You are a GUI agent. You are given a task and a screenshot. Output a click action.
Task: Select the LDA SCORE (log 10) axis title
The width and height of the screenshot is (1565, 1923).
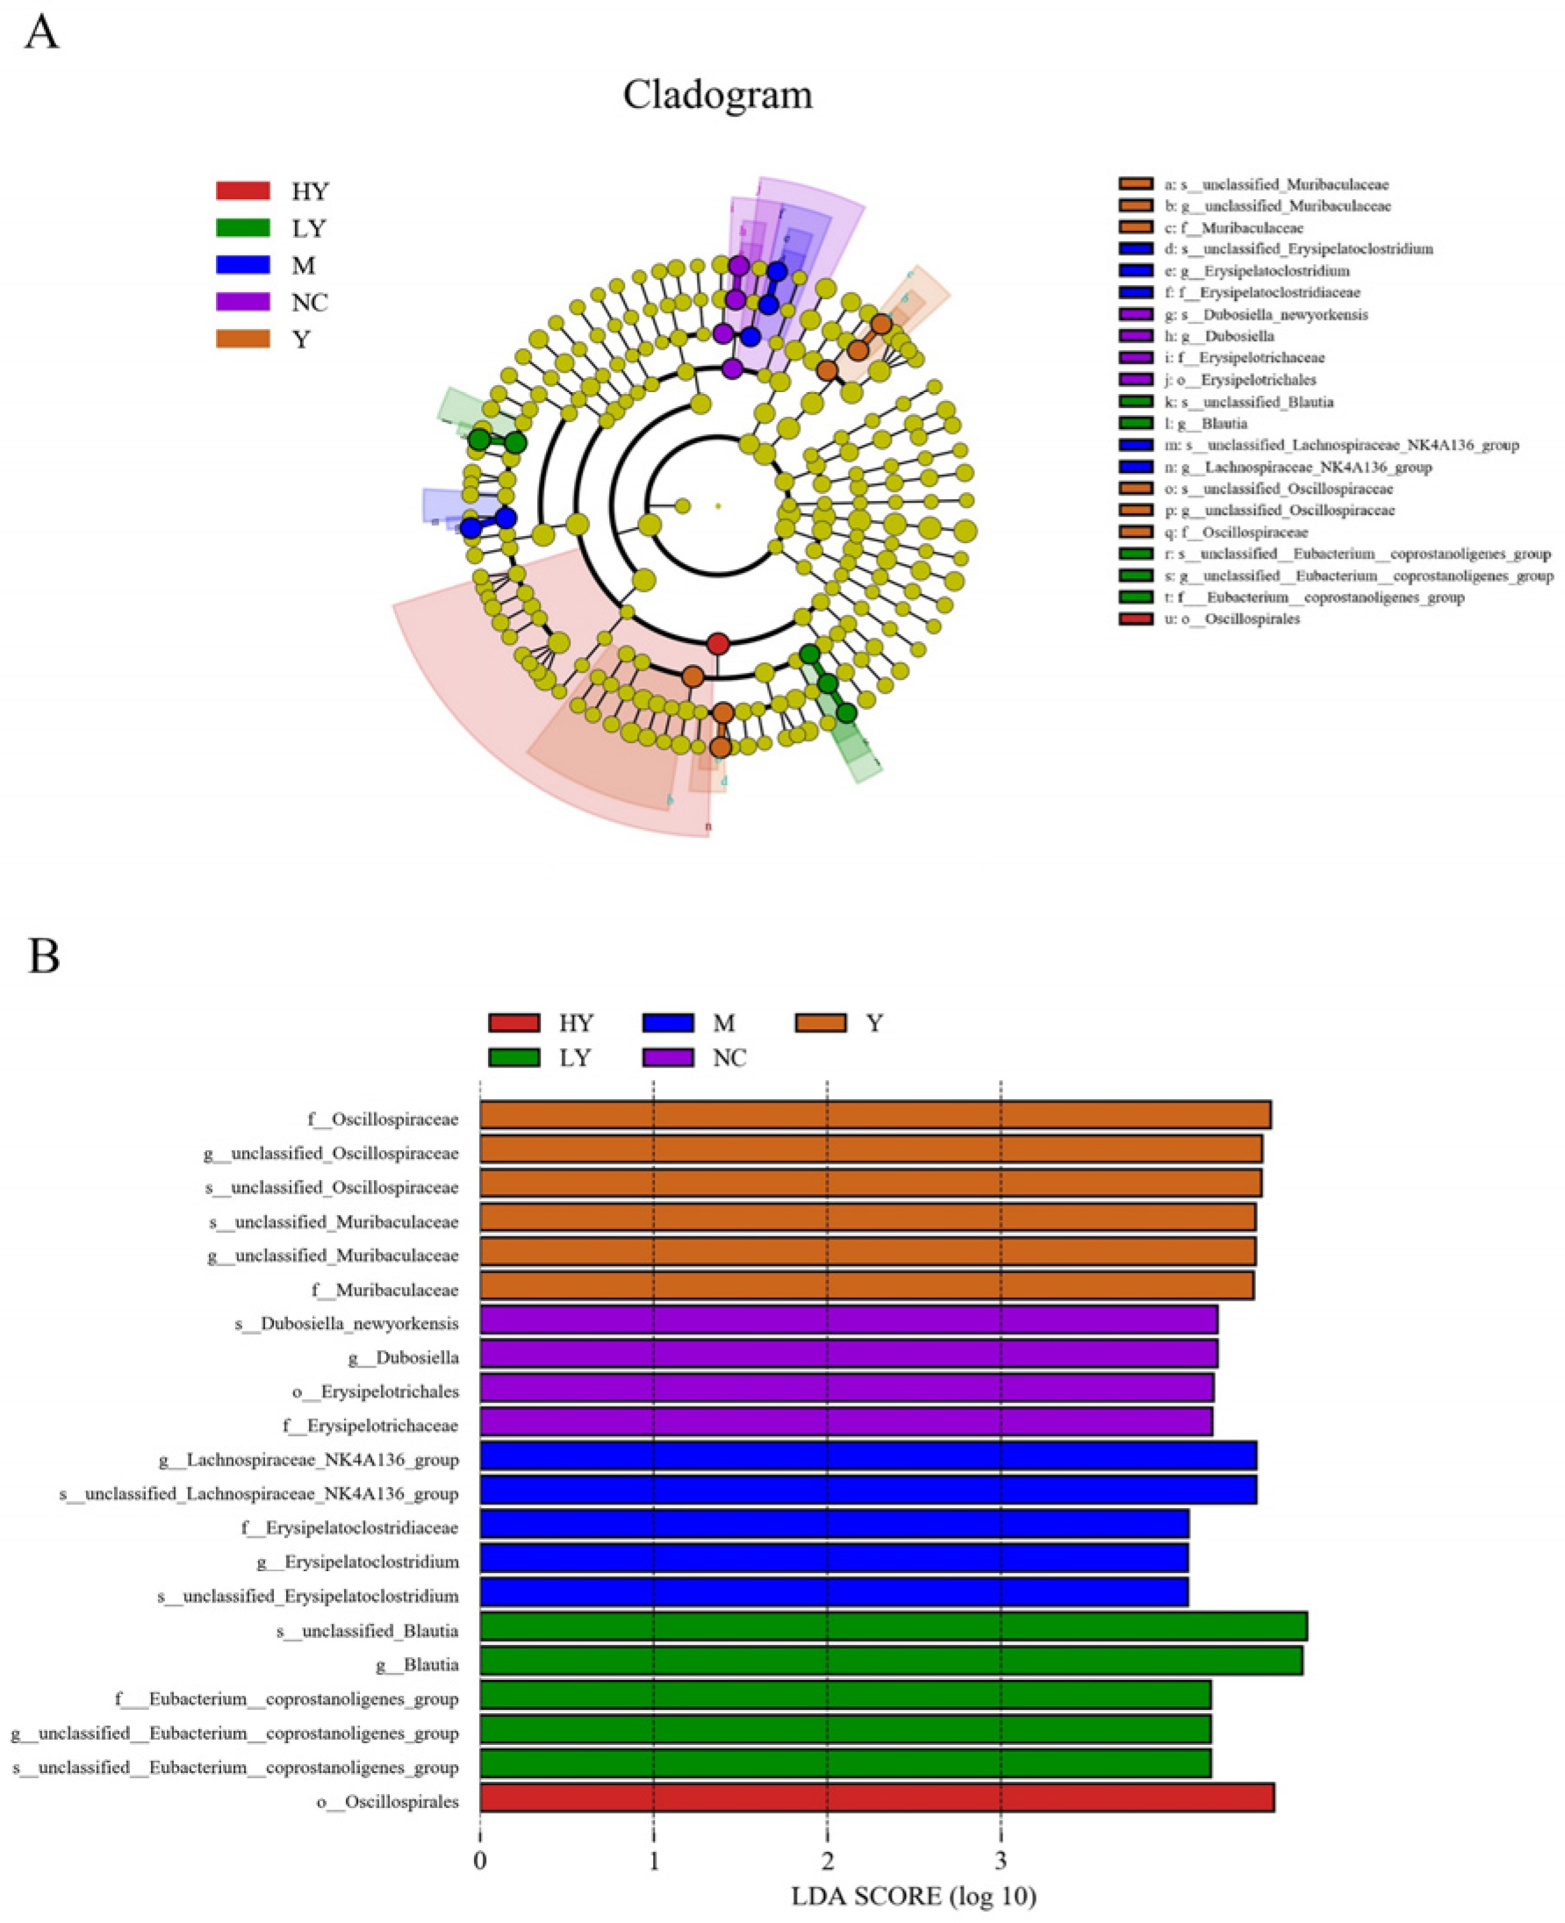pos(914,1895)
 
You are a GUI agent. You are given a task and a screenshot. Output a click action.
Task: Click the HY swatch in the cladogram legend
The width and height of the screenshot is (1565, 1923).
pos(242,191)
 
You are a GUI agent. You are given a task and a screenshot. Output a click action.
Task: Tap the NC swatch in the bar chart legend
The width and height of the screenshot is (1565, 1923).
pos(668,1057)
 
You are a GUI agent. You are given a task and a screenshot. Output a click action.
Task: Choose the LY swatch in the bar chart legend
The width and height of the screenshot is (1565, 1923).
pos(513,1057)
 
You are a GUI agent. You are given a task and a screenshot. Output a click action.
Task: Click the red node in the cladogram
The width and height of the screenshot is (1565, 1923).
pos(718,643)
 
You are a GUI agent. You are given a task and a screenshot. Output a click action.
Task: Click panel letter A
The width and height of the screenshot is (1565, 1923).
pos(42,34)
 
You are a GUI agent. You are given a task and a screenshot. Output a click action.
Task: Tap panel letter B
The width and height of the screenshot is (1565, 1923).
pos(43,956)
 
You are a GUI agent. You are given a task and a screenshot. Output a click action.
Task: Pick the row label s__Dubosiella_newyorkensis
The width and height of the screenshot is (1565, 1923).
pos(346,1323)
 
